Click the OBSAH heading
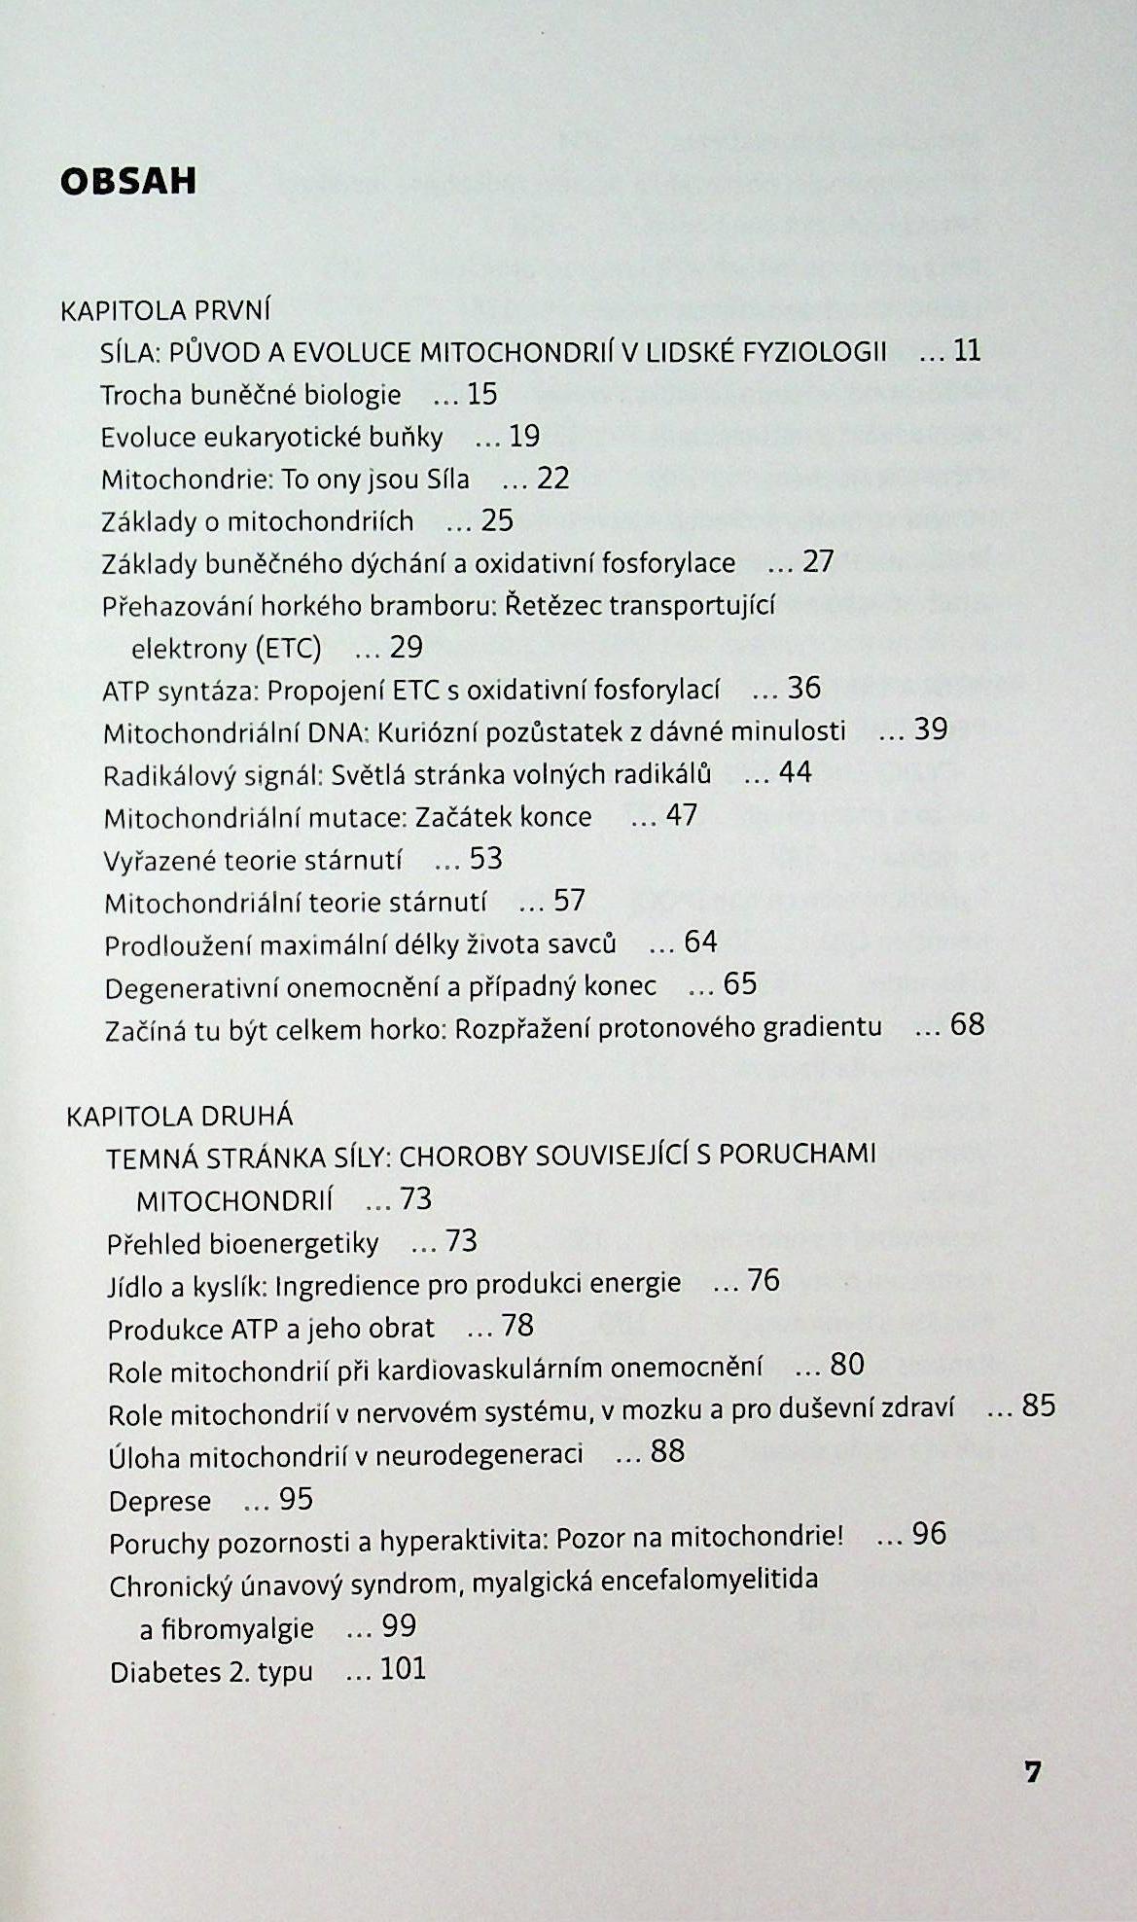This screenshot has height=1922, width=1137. [x=128, y=182]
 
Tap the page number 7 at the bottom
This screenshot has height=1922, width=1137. [x=1032, y=1771]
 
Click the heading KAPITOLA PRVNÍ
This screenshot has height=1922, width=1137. [x=164, y=310]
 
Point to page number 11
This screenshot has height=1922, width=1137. [x=967, y=350]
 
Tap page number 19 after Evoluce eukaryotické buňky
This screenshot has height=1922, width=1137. [x=524, y=436]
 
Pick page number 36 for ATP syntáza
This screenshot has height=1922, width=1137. [x=804, y=688]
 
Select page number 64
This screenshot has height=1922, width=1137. [x=700, y=942]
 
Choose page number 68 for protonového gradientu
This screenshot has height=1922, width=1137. [x=968, y=1024]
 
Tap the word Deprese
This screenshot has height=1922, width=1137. [x=160, y=1501]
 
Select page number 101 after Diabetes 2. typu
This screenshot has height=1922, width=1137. [x=403, y=1669]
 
